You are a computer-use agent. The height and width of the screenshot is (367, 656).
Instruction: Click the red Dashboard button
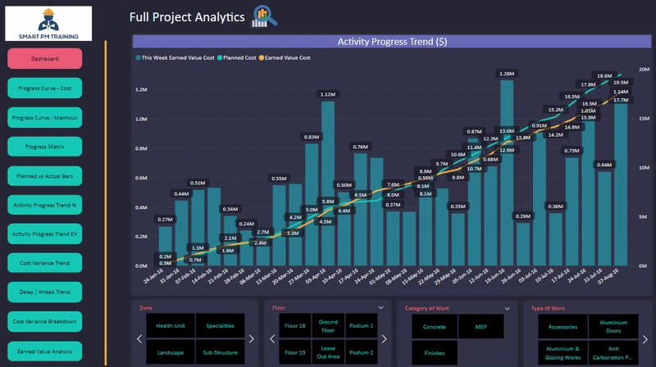pyautogui.click(x=45, y=59)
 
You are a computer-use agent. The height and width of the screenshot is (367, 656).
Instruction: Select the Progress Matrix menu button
pyautogui.click(x=45, y=147)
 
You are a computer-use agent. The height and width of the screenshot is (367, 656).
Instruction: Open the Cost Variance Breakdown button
pyautogui.click(x=45, y=322)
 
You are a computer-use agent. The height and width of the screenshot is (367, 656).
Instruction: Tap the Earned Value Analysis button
pyautogui.click(x=45, y=351)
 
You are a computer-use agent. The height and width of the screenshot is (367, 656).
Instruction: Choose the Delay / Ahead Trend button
pyautogui.click(x=45, y=292)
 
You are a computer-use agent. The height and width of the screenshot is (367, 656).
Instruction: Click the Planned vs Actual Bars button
pyautogui.click(x=45, y=176)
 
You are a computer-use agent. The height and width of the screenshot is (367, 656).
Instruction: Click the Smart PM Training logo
pyautogui.click(x=48, y=23)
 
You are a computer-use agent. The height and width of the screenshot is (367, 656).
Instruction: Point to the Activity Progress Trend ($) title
pyautogui.click(x=392, y=42)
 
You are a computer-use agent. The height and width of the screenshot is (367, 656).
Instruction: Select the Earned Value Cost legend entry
pyautogui.click(x=287, y=58)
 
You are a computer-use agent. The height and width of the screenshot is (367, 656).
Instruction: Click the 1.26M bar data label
pyautogui.click(x=507, y=74)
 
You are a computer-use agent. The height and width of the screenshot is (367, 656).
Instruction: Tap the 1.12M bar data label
pyautogui.click(x=327, y=95)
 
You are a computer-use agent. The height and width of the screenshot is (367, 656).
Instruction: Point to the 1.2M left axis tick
pyautogui.click(x=141, y=89)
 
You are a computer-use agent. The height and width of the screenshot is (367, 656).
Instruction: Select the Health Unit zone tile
pyautogui.click(x=171, y=325)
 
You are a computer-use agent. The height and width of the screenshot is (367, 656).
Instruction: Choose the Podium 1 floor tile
pyautogui.click(x=361, y=325)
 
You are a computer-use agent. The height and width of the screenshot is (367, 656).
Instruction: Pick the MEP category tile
pyautogui.click(x=481, y=325)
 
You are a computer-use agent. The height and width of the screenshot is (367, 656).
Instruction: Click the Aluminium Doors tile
pyautogui.click(x=613, y=325)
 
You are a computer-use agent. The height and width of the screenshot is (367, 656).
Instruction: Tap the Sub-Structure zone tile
pyautogui.click(x=221, y=352)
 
